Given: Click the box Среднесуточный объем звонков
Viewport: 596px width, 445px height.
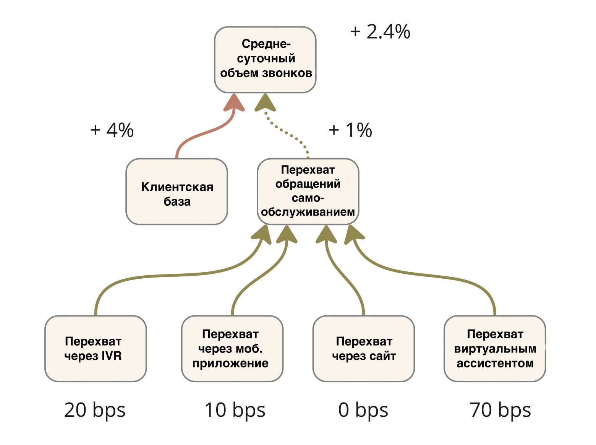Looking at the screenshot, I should tap(265, 60).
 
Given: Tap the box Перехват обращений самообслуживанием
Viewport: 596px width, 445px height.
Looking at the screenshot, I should tap(308, 191).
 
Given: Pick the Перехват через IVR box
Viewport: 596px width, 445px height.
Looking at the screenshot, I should tap(96, 349).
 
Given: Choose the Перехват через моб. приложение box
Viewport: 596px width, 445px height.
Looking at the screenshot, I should tap(232, 349).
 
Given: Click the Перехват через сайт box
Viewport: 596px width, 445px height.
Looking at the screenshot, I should tap(363, 349).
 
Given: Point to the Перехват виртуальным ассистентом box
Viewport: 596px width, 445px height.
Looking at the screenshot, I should tap(495, 349).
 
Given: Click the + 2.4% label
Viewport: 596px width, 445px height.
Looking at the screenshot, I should tap(380, 32).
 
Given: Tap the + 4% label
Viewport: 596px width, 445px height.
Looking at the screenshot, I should tap(112, 130).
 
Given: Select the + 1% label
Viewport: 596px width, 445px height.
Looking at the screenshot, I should tap(350, 130).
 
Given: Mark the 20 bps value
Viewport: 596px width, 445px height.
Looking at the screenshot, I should tap(95, 410).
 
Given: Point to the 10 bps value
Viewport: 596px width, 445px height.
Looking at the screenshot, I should tap(235, 410).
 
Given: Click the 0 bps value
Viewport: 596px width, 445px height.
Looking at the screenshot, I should tap(363, 410).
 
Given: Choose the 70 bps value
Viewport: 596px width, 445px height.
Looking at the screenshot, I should tap(500, 410).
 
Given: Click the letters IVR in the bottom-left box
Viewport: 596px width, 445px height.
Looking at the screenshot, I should tap(112, 356).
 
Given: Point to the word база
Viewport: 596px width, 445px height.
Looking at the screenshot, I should tap(177, 201).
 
